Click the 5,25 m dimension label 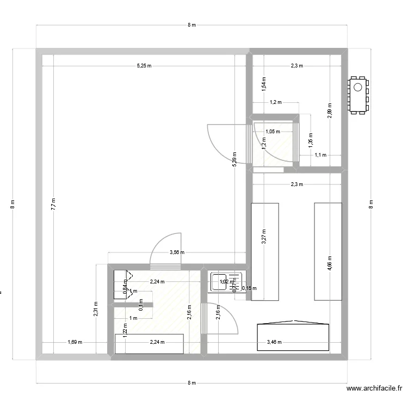click(x=144, y=66)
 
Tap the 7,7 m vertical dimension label click(x=53, y=204)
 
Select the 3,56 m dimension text click(x=177, y=252)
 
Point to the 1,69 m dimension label click(x=75, y=342)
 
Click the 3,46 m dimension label click(x=275, y=342)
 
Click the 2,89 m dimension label click(x=329, y=110)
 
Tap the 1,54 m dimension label click(x=264, y=83)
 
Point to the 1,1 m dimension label click(x=320, y=155)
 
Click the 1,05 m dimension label click(x=273, y=131)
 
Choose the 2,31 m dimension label click(x=95, y=308)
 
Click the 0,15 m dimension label click(x=249, y=288)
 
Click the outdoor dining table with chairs click(x=358, y=96)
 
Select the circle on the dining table click(x=358, y=87)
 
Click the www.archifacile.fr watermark click(x=374, y=388)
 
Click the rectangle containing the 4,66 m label click(x=328, y=251)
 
